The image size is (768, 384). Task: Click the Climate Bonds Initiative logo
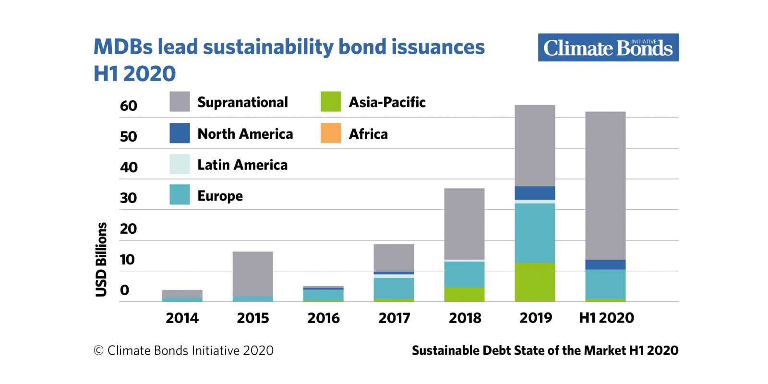coord(608,48)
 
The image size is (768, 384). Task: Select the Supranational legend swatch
coord(180,101)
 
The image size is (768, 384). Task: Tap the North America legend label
coord(245,134)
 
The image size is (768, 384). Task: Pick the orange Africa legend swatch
coord(331,132)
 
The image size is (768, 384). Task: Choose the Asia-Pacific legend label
coord(387,102)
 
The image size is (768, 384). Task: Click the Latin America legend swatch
coord(180,164)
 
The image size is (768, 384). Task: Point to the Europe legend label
coord(220,196)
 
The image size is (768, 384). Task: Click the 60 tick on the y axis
coord(129,106)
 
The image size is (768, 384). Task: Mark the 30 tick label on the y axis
coord(129,198)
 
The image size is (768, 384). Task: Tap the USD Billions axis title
coord(101,260)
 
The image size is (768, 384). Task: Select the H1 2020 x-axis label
coord(607,318)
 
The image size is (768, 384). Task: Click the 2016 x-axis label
coord(324,318)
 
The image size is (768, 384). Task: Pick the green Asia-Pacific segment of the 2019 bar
coord(535,282)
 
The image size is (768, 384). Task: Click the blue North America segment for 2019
coord(535,193)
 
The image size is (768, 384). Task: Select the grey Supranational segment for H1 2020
coord(605,186)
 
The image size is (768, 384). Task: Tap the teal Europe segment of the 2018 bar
coord(464,275)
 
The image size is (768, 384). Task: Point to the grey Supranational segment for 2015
coord(252,274)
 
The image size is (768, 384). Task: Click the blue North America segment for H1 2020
coord(605,264)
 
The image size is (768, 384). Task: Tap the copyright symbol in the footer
coord(98,350)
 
